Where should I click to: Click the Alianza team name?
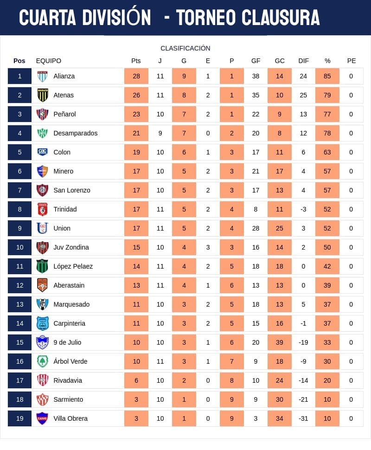(64, 76)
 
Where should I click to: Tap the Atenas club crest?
(43, 95)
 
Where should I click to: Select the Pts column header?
(136, 61)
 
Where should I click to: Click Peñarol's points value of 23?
(136, 114)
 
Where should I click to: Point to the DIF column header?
(304, 61)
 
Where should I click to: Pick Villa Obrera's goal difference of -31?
(303, 418)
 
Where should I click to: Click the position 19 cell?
(19, 418)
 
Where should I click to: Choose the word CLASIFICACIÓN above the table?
(185, 48)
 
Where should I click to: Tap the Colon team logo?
(43, 152)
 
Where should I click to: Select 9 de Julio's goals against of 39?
(280, 342)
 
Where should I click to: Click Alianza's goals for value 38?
(256, 76)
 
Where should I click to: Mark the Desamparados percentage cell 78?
(327, 133)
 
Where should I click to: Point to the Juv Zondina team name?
(71, 247)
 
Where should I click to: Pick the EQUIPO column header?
(49, 61)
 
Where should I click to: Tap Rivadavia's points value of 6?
(136, 380)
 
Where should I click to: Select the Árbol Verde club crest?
(43, 361)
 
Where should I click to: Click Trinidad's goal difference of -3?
(303, 209)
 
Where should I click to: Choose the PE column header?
(352, 61)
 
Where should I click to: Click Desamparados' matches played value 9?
(160, 133)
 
